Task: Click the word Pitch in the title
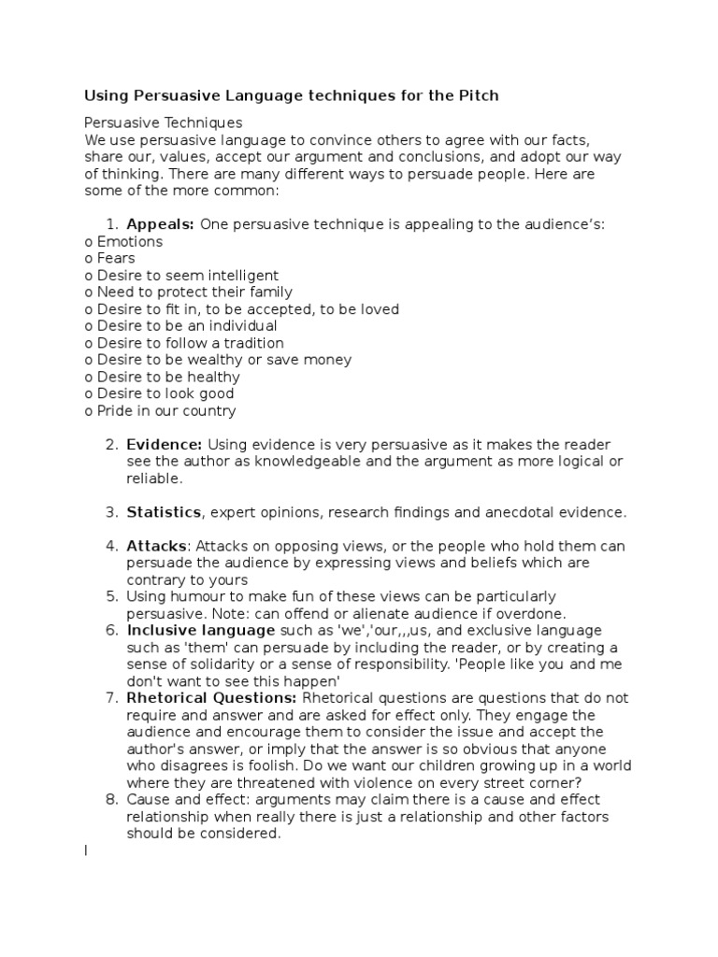pos(476,95)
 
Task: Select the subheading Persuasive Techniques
pos(164,122)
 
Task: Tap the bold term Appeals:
pos(160,224)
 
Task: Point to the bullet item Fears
pos(109,258)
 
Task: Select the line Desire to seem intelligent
pos(181,275)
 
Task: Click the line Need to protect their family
pos(188,292)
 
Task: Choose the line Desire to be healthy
pos(162,377)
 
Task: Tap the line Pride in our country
pos(160,410)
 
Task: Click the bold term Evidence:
pos(165,445)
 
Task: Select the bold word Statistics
pos(165,512)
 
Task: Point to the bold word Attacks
pos(157,546)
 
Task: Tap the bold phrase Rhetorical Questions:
pos(212,698)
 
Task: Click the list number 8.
pos(112,799)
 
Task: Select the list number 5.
pos(112,596)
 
